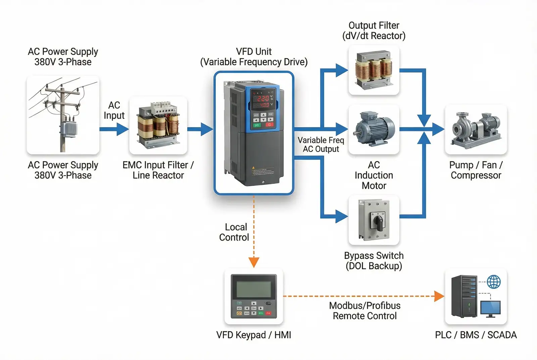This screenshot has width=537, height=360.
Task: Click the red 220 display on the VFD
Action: [263, 98]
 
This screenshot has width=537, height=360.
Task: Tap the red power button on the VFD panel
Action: [270, 124]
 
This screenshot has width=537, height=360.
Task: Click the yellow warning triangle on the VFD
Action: [253, 167]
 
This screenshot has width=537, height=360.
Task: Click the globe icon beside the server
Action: [494, 282]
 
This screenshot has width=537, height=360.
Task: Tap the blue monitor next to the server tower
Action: [490, 308]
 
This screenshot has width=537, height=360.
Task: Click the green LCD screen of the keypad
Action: [254, 289]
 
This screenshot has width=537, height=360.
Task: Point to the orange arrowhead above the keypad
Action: [254, 262]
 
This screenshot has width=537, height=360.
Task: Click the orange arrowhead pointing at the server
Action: [439, 296]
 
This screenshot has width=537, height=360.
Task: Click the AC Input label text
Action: [114, 110]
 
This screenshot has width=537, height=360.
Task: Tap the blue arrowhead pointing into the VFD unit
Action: [207, 129]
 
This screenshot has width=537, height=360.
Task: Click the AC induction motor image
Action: [374, 129]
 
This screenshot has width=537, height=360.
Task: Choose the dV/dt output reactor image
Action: [374, 70]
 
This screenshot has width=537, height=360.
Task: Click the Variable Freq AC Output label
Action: [321, 145]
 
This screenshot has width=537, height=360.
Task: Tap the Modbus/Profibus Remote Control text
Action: [365, 311]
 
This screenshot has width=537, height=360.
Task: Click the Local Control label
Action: [234, 232]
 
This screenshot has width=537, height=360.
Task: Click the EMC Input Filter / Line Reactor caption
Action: [158, 170]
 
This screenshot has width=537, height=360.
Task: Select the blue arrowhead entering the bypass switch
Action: [342, 216]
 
